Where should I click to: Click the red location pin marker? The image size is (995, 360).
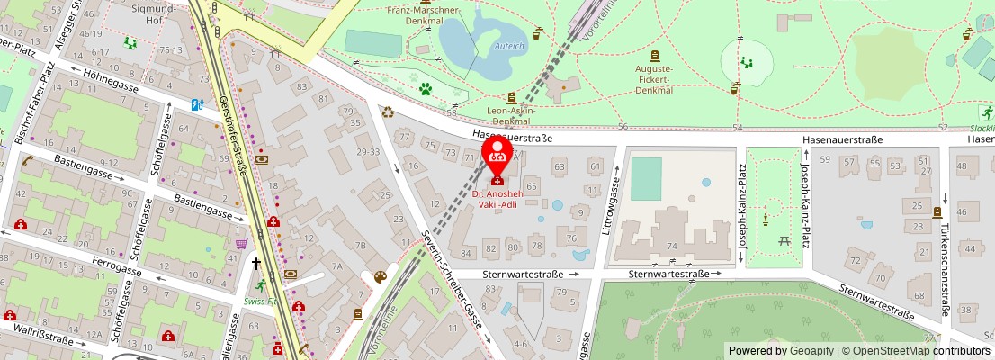point(497,157)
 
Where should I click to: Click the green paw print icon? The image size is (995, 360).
point(426,89)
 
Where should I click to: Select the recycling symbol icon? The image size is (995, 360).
point(388,113)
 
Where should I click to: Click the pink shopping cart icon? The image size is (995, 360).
point(241,243)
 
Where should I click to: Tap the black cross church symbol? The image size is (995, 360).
point(256,264)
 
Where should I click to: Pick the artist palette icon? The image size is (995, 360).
point(380,276)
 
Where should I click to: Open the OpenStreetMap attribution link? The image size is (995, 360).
point(885,351)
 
